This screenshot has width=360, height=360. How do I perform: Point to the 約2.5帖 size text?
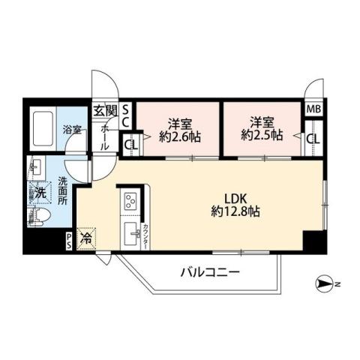tap(262, 136)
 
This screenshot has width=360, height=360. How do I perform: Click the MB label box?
tap(313, 109)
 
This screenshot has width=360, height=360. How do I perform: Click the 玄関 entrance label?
tap(105, 111)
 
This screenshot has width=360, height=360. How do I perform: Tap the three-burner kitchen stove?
tap(129, 202)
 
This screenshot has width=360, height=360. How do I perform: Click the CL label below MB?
tap(313, 139)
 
